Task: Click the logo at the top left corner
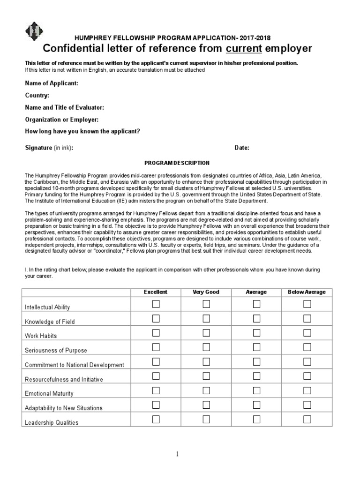[x=34, y=32]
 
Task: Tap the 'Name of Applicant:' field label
[x=52, y=83]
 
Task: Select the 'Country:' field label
[x=37, y=95]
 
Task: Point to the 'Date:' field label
[x=242, y=148]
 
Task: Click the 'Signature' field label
[x=38, y=148]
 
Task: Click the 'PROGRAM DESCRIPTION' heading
[x=177, y=163]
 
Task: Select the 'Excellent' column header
[x=156, y=292]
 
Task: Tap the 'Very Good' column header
[x=206, y=292]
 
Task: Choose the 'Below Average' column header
[x=307, y=292]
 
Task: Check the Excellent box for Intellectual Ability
[x=156, y=304]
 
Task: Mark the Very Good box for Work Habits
[x=206, y=333]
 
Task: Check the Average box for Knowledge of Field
[x=256, y=319]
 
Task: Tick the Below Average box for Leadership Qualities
[x=307, y=419]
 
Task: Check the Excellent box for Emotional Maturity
[x=156, y=390]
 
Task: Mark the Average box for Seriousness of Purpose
[x=256, y=347]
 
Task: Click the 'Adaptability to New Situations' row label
[x=63, y=408]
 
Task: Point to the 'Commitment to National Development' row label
[x=74, y=365]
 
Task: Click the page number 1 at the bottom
[x=178, y=454]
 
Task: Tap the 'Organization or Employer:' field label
[x=61, y=120]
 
